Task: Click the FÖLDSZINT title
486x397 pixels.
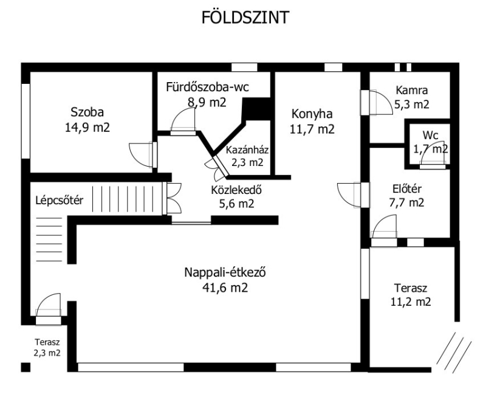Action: [x=245, y=17]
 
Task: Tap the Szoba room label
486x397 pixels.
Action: [x=87, y=112]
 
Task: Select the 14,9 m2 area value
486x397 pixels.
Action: [x=87, y=128]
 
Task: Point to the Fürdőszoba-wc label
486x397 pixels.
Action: [x=207, y=87]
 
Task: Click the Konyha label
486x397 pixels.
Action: [x=312, y=114]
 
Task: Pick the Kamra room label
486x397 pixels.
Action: [x=412, y=90]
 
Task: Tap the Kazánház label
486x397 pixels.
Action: [x=247, y=150]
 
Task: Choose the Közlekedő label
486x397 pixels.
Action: [x=236, y=190]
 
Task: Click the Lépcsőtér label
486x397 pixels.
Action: [x=59, y=201]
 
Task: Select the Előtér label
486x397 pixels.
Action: [x=406, y=188]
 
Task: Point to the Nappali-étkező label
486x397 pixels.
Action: [x=225, y=272]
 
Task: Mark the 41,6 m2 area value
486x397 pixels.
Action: [x=225, y=288]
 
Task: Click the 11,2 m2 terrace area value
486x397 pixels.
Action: [x=411, y=302]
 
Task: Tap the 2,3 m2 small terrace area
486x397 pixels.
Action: [x=47, y=353]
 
